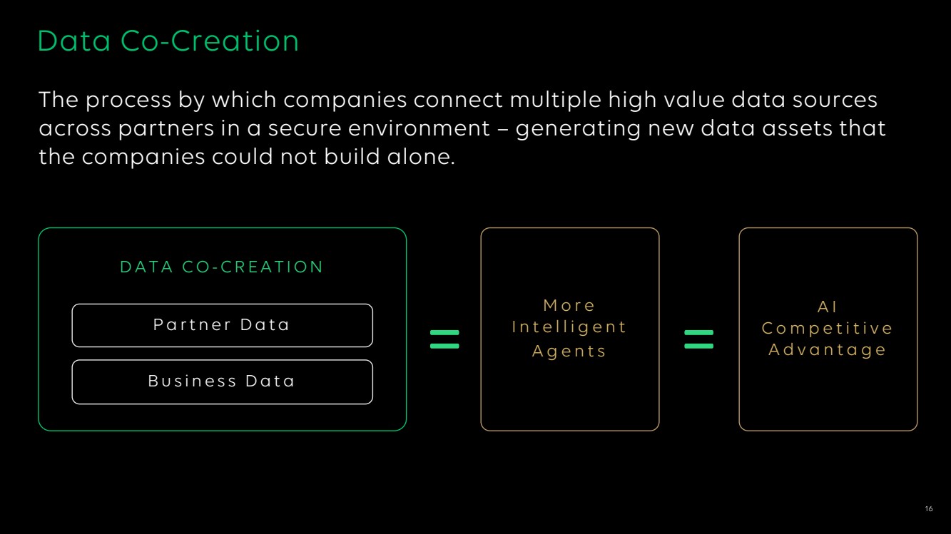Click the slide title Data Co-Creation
[168, 41]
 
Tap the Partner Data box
[223, 325]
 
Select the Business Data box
[223, 381]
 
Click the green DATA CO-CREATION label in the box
[222, 267]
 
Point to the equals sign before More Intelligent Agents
[444, 339]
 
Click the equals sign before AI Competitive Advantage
[699, 339]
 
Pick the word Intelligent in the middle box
[569, 327]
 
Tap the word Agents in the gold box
[569, 351]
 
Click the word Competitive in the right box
[828, 329]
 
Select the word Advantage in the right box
[828, 350]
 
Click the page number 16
[929, 508]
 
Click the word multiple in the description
[555, 101]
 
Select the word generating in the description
[579, 129]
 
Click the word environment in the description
[419, 128]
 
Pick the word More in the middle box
[569, 305]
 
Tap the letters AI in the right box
[828, 307]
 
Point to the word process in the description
[128, 101]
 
